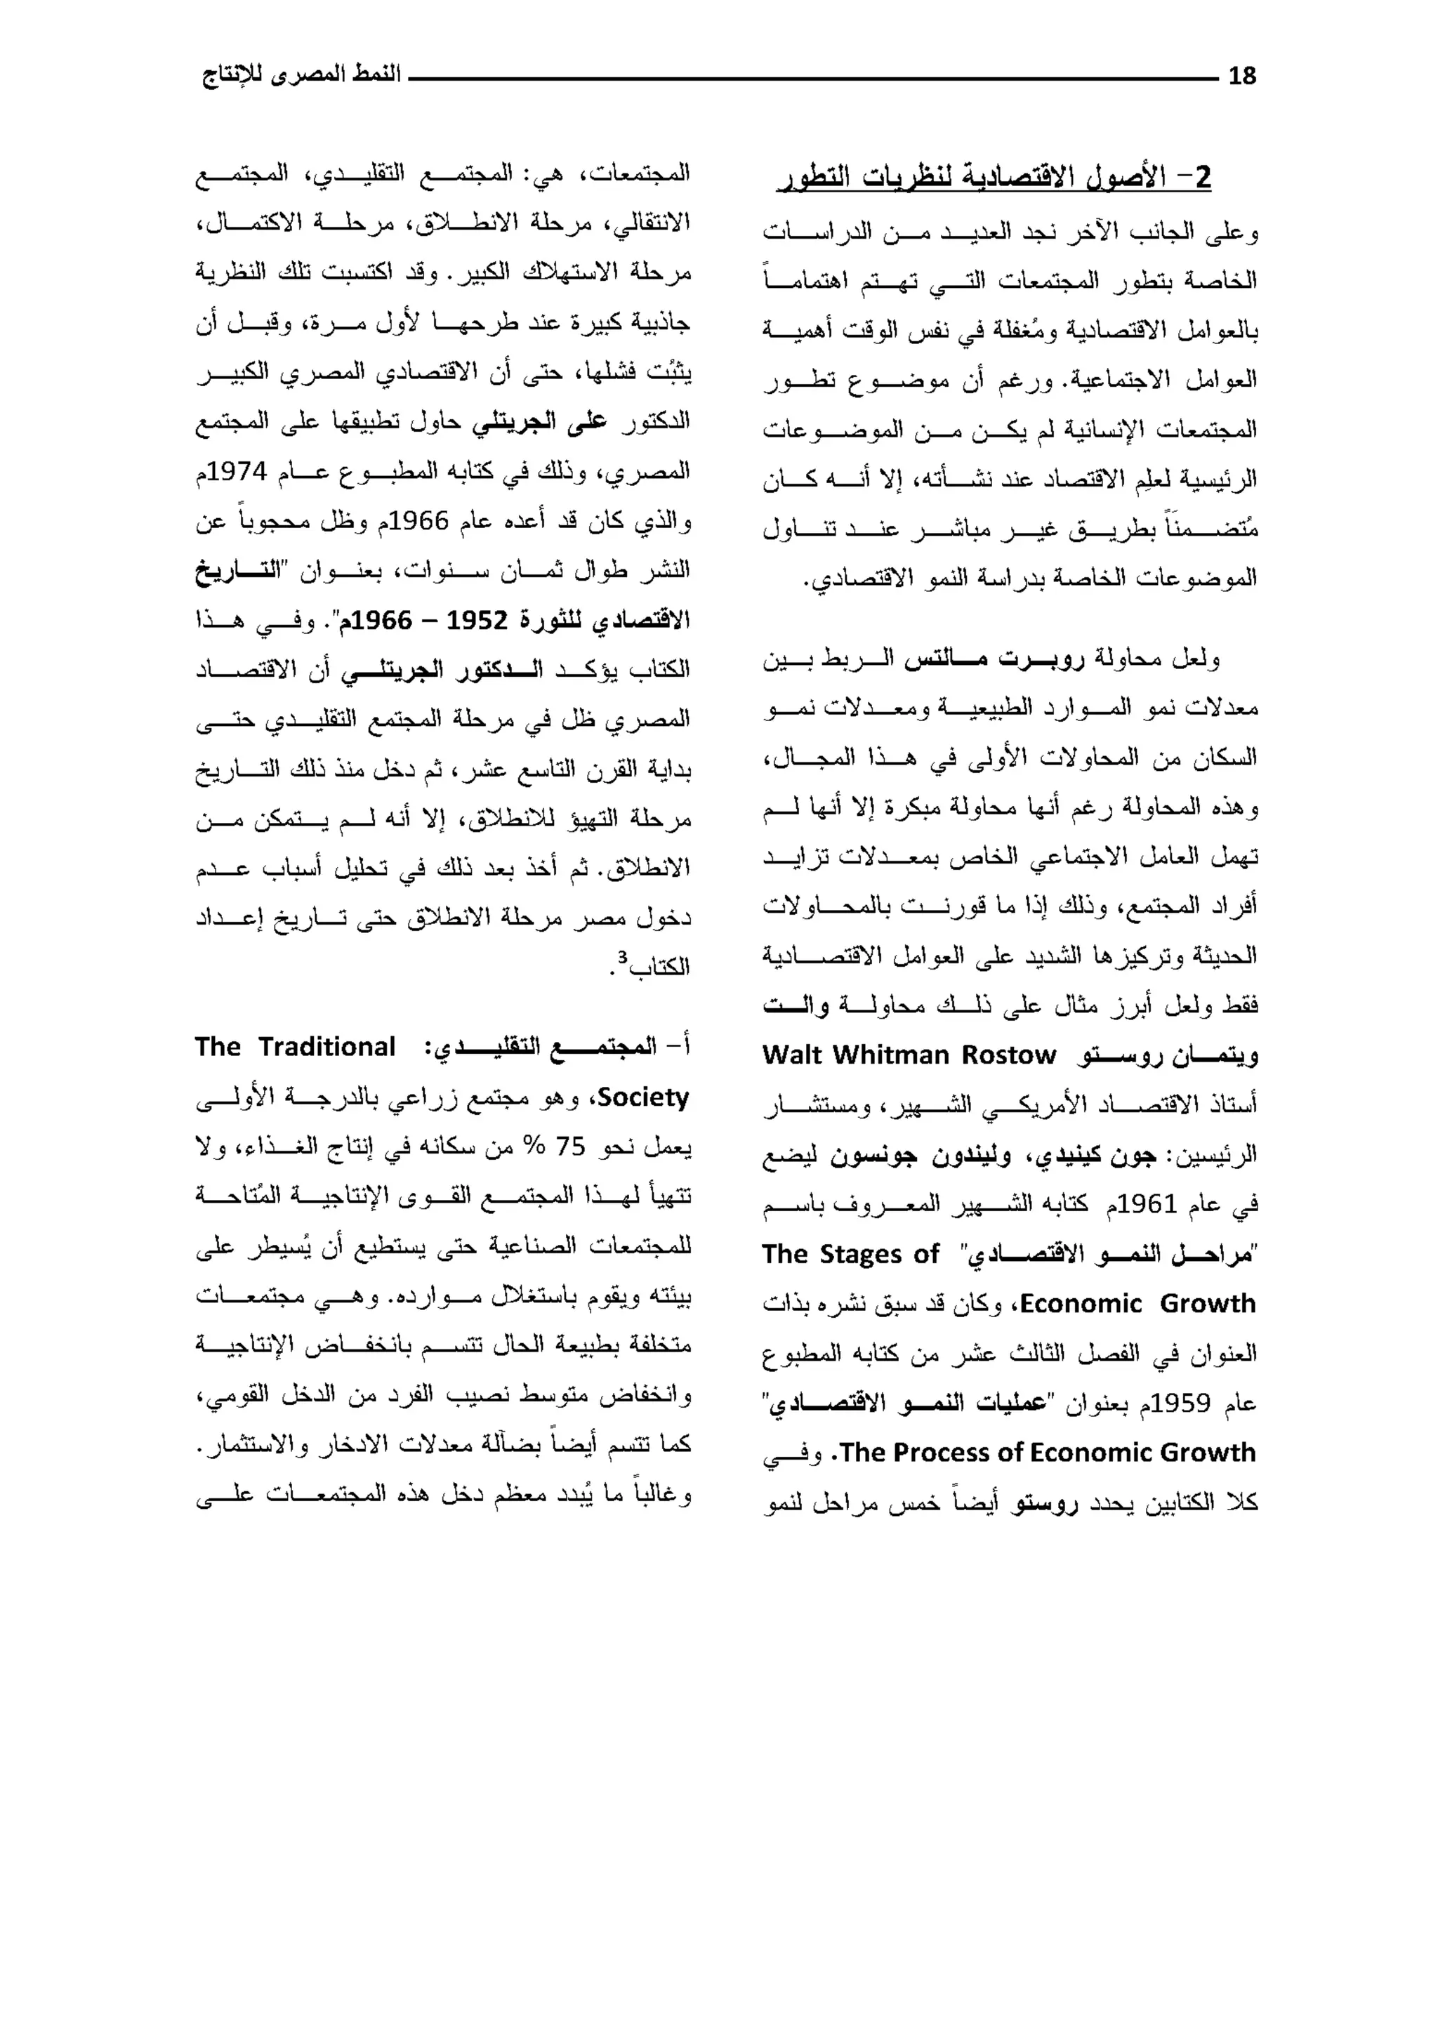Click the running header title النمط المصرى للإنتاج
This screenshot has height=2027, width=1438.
(x=302, y=74)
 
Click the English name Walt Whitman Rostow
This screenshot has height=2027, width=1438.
(x=909, y=1055)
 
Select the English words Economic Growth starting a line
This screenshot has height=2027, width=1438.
(x=1137, y=1304)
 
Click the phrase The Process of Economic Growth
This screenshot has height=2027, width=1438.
(x=1048, y=1453)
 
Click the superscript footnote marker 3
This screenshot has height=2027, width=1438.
(x=623, y=957)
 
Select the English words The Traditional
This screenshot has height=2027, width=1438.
(x=294, y=1047)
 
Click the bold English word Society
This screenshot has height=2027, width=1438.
(x=644, y=1097)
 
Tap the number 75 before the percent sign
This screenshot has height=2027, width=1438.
(x=570, y=1147)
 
